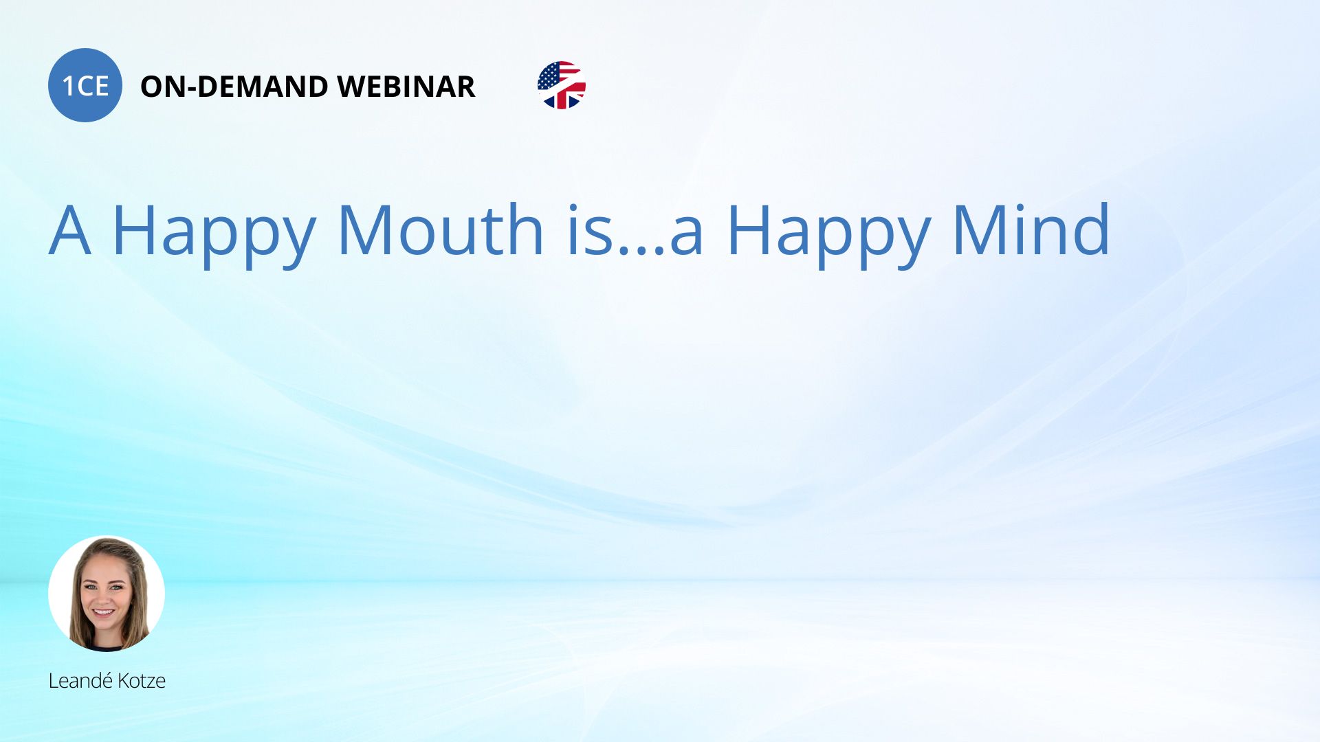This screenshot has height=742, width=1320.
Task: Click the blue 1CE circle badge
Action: coord(85,85)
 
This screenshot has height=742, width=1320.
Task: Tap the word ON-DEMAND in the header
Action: coord(234,87)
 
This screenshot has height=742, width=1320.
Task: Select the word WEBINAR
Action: coord(406,87)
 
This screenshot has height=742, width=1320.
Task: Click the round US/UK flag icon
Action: coord(562,85)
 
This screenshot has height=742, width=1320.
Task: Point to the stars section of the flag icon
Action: coord(549,75)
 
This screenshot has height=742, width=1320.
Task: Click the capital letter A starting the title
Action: coord(70,230)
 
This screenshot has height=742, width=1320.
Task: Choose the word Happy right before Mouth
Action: coord(214,234)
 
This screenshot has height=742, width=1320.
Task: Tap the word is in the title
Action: coord(589,229)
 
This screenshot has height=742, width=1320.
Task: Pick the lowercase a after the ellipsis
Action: coord(686,237)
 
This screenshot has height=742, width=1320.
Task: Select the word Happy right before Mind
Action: coord(829,234)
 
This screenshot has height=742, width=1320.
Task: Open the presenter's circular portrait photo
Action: coord(107,594)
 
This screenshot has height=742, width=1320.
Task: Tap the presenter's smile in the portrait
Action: coord(104,612)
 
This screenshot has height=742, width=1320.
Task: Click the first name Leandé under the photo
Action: coord(80,681)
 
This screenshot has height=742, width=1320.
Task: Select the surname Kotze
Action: coord(142,681)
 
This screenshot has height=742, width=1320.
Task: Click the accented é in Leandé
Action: coord(107,680)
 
